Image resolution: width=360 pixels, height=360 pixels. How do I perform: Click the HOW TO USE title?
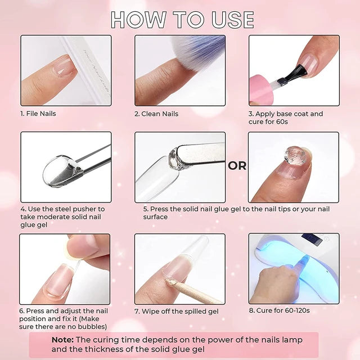182,19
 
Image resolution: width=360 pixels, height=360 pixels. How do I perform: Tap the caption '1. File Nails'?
38,114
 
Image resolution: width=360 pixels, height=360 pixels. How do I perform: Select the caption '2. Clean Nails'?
156,114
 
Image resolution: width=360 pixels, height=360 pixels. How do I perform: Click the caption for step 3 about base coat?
286,118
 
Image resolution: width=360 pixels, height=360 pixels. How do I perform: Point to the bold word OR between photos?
237,166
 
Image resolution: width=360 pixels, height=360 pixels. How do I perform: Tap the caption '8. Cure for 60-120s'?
280,310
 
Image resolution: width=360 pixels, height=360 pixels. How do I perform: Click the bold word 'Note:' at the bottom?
62,340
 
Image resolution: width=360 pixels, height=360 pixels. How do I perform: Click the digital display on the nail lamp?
311,240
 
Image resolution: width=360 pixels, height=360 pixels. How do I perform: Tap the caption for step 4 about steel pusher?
62,217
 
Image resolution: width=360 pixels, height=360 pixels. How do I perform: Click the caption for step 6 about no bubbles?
64,319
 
